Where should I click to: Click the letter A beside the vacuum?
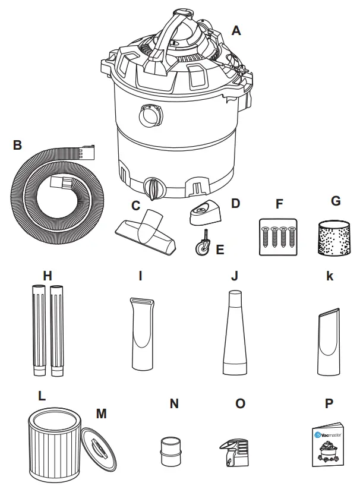coord(236,30)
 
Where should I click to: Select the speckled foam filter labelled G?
coord(335,238)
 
